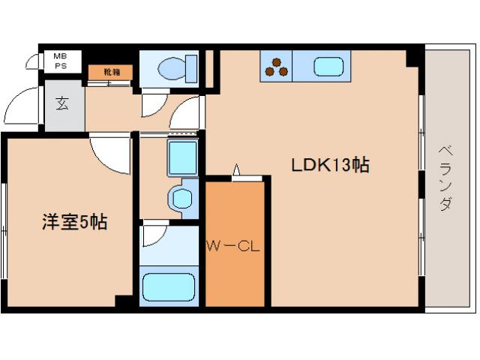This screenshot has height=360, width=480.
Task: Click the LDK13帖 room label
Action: point(330,165)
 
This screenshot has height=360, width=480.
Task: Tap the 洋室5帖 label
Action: point(75,222)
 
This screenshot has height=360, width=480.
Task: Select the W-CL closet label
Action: point(233,246)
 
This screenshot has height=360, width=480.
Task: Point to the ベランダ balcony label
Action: point(445,178)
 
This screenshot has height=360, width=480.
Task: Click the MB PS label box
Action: point(63,61)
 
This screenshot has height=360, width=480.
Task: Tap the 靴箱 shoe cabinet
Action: point(110,72)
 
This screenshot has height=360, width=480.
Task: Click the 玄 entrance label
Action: point(62,103)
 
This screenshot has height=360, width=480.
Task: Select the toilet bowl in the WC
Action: point(172,68)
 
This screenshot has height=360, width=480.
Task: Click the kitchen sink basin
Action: point(328,67)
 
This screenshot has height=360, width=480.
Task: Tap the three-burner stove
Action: point(276,67)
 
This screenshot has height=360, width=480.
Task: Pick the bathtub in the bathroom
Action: point(169,287)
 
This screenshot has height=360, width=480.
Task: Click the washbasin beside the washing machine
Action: point(181,198)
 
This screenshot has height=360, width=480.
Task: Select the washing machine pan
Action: point(183,158)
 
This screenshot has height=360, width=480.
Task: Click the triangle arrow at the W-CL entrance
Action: point(236,169)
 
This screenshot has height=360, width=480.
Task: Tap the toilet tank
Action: point(192,69)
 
